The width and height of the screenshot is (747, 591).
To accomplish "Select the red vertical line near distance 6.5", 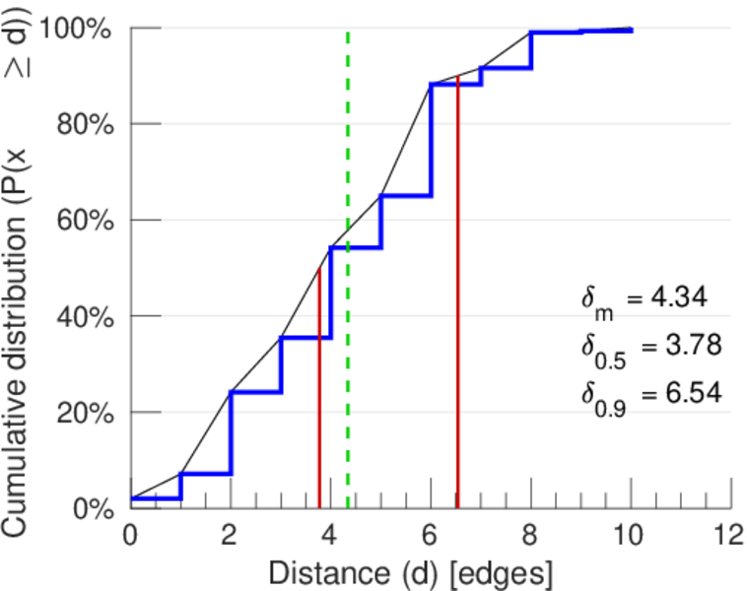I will click(x=458, y=295).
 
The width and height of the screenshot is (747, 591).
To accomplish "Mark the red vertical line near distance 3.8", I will click(x=319, y=394).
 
